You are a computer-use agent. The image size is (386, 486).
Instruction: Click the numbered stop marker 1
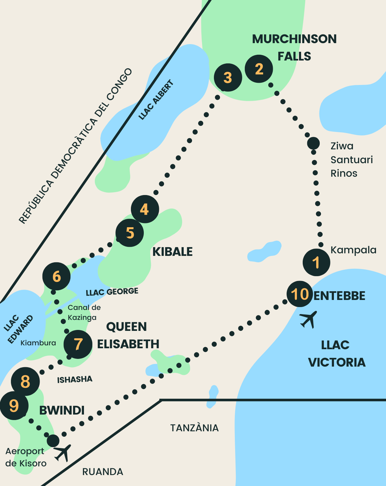click(x=316, y=262)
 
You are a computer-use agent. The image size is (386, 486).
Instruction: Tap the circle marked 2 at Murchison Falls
click(x=259, y=69)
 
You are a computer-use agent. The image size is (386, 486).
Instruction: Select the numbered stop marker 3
click(x=228, y=78)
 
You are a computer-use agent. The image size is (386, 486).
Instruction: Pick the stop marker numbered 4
click(x=145, y=209)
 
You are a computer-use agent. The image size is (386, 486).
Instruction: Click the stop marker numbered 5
click(x=130, y=233)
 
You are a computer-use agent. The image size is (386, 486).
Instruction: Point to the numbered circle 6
click(x=57, y=276)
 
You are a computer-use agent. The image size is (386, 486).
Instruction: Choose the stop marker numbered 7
click(x=78, y=344)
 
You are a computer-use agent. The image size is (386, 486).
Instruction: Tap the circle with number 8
click(x=25, y=381)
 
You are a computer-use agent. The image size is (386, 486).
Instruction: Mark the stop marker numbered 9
click(x=14, y=406)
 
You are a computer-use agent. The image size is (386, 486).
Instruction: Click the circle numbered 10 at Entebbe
click(x=300, y=294)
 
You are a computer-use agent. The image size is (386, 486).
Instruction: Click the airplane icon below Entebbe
click(x=308, y=319)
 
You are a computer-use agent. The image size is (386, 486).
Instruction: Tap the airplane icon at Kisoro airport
click(x=63, y=452)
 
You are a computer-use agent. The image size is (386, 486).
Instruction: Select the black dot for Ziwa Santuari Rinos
click(x=313, y=143)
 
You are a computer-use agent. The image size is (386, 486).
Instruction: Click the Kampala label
click(x=353, y=250)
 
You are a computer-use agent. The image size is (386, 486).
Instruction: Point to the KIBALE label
click(x=172, y=252)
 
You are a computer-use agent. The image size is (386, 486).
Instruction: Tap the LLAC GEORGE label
click(x=112, y=292)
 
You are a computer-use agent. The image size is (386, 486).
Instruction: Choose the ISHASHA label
click(x=75, y=380)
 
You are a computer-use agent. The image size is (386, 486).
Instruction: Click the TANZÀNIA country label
click(x=194, y=428)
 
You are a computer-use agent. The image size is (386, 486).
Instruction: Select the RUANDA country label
click(x=103, y=472)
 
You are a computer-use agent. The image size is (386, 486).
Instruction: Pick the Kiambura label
click(x=38, y=343)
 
